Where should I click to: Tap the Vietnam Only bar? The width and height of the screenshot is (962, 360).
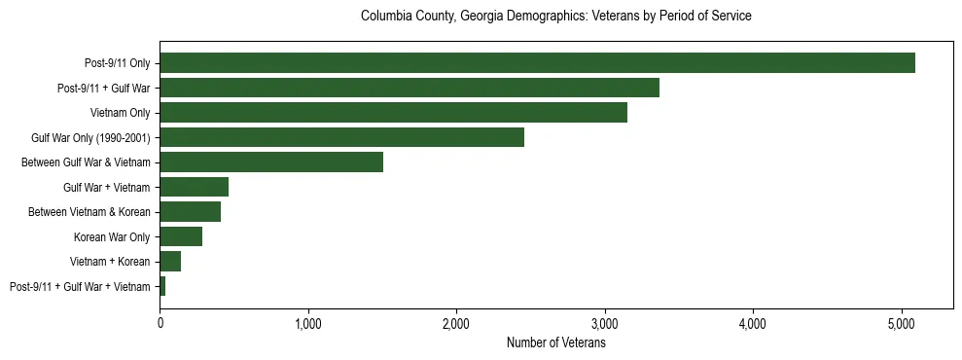coord(393,113)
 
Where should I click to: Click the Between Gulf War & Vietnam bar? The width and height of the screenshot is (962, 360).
coord(271,162)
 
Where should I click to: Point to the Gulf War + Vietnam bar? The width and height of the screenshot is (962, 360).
coord(194,187)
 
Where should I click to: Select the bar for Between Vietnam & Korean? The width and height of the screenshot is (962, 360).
coord(190,212)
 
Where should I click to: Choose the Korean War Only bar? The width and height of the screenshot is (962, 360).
coord(181,236)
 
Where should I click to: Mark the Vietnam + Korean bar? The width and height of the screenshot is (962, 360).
coord(170,262)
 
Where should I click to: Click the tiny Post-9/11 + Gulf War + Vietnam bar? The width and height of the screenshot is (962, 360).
coord(162,286)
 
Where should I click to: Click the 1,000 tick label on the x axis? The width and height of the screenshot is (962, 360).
coord(308,322)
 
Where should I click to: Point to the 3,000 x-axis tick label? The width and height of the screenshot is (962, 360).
coord(605,322)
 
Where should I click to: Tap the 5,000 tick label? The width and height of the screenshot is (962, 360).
coord(902,322)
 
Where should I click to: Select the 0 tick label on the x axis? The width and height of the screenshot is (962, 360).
coord(160,322)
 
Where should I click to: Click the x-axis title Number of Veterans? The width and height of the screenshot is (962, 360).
coord(556,342)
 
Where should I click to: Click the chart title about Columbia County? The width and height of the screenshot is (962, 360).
coord(556,17)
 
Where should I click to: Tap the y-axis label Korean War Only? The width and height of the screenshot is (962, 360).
coord(112,237)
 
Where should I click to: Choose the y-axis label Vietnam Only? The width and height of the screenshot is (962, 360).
coord(120,113)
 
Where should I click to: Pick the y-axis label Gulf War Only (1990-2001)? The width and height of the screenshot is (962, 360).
coord(90,138)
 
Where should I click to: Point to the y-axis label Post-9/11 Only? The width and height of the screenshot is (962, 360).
coord(118,63)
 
